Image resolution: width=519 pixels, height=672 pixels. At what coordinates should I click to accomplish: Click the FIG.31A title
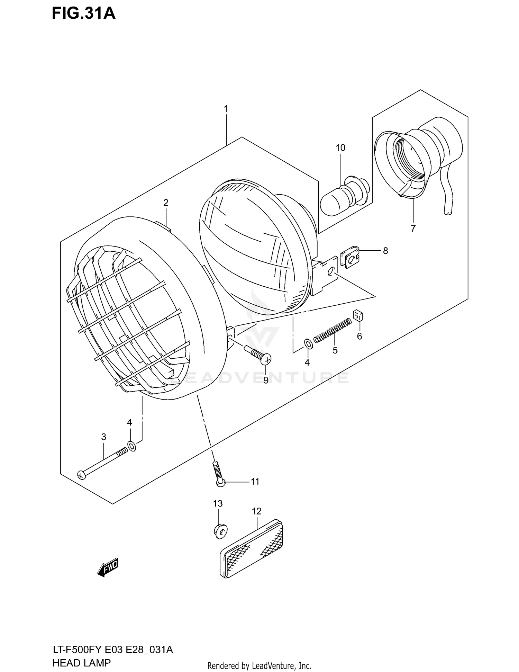coord(83,14)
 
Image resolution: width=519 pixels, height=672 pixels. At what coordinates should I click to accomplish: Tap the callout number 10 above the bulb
coord(340,148)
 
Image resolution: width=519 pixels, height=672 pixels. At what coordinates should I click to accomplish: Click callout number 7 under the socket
coord(413,229)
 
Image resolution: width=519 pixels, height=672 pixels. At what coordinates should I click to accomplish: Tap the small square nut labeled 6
coord(358,315)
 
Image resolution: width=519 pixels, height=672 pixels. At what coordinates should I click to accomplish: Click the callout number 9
coord(266,380)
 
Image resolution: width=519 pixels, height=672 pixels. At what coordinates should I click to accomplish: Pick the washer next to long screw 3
coord(132,446)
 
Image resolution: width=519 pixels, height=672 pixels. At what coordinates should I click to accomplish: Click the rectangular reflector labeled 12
coord(252,548)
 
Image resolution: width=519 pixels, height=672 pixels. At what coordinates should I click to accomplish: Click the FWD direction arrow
coord(108,567)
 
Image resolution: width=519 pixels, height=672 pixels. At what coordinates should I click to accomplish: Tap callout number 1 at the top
coord(226,109)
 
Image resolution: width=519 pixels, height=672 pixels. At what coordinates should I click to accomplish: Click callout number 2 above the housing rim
coord(166,203)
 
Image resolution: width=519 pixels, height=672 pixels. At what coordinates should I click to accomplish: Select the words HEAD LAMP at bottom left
coord(82,663)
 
